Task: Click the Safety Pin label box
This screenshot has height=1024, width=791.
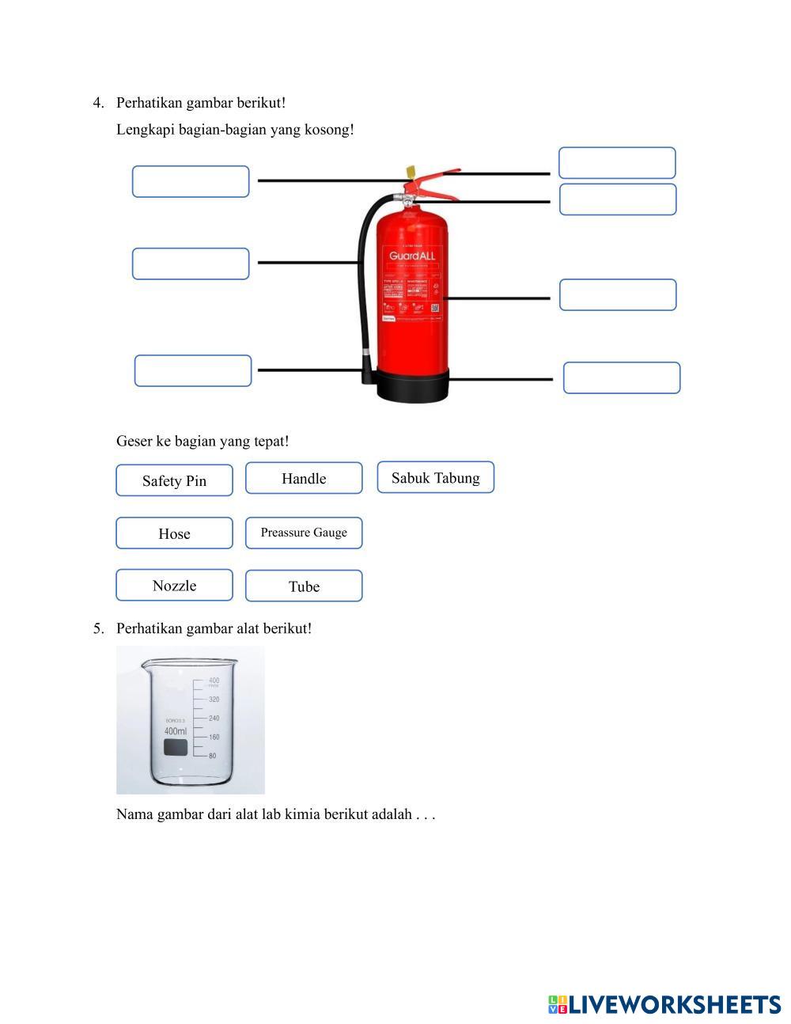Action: (174, 480)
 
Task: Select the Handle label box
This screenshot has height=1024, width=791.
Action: (304, 478)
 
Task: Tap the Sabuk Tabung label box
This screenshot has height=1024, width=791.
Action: (435, 477)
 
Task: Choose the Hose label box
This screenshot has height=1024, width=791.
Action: (174, 533)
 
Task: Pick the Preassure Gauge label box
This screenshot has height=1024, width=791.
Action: (304, 533)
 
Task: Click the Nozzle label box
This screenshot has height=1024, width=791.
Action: (174, 586)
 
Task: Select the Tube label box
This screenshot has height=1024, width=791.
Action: (304, 586)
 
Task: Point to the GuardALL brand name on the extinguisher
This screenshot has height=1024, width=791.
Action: (411, 256)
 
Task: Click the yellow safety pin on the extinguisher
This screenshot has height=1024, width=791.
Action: (411, 172)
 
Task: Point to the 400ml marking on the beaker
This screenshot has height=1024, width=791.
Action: (176, 731)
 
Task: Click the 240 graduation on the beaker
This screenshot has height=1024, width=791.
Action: (214, 719)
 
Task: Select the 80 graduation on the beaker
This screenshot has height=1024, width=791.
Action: (212, 756)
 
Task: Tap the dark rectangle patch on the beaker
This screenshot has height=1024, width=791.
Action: (176, 748)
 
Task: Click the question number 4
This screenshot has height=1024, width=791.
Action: (98, 103)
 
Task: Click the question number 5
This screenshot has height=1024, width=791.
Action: (98, 628)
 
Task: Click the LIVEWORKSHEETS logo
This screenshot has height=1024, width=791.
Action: (664, 1004)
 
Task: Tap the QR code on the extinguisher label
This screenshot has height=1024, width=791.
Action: (435, 308)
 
